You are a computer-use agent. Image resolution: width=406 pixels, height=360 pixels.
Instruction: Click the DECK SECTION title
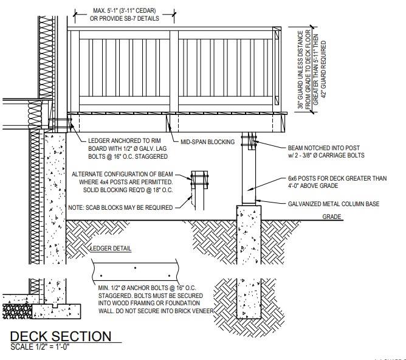pyautogui.click(x=61, y=336)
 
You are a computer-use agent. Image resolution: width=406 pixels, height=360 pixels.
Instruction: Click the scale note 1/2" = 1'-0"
pyautogui.click(x=40, y=347)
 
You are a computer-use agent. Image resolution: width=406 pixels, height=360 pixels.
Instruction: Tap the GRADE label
pyautogui.click(x=332, y=216)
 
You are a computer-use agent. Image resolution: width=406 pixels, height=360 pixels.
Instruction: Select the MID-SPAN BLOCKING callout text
pyautogui.click(x=207, y=142)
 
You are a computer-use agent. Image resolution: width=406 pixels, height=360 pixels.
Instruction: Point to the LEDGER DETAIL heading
pyautogui.click(x=111, y=248)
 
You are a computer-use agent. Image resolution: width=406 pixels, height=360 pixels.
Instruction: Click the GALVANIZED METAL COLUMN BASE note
pyautogui.click(x=334, y=204)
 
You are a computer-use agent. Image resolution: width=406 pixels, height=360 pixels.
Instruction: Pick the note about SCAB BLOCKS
pyautogui.click(x=120, y=208)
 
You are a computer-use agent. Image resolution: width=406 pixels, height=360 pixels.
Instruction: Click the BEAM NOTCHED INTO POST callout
pyautogui.click(x=326, y=151)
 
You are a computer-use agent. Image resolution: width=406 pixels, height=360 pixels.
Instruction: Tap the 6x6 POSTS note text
pyautogui.click(x=337, y=182)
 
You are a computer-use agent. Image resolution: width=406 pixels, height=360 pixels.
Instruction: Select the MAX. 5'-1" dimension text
pyautogui.click(x=124, y=15)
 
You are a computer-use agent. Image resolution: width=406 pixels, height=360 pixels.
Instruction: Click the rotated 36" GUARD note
pyautogui.click(x=312, y=69)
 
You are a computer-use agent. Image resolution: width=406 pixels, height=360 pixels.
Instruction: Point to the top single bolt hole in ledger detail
pyautogui.click(x=135, y=268)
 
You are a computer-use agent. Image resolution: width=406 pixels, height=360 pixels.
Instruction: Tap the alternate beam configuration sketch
pyautogui.click(x=199, y=190)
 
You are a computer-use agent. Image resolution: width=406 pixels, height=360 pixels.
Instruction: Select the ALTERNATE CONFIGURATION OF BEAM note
pyautogui.click(x=122, y=182)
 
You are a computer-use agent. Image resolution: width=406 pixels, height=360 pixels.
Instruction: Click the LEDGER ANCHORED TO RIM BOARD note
pyautogui.click(x=128, y=148)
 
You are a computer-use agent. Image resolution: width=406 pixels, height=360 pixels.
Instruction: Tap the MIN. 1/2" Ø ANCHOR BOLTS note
pyautogui.click(x=156, y=299)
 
